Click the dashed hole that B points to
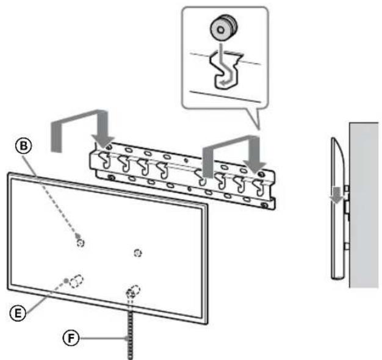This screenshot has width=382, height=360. coord(81,242)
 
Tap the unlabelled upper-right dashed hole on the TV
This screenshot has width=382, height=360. coord(138,252)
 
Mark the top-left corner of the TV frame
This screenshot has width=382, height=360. coord(9,175)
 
